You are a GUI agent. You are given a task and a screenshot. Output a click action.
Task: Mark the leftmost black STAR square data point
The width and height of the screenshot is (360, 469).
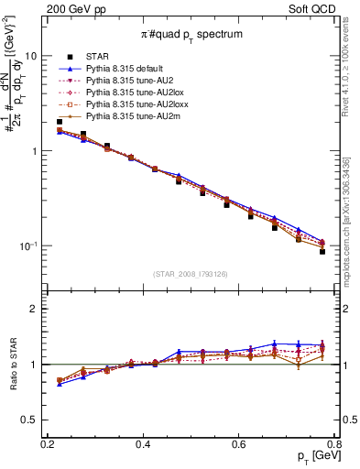[x=60, y=122]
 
